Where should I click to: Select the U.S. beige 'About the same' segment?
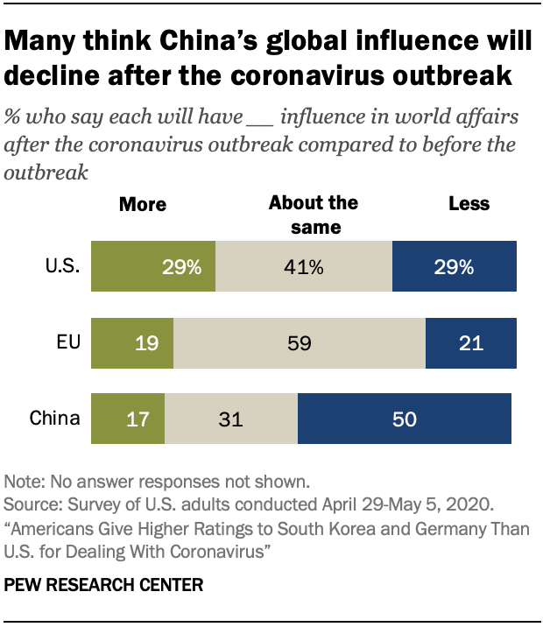point(303,267)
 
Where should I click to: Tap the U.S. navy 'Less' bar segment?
point(454,267)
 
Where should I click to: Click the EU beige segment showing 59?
point(299,342)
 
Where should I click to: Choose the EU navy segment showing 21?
point(470,342)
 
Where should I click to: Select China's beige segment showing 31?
point(230,418)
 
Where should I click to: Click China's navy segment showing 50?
point(404,418)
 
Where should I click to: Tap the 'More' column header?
point(142,205)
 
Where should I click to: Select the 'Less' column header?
point(469,204)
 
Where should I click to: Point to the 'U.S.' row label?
point(63,267)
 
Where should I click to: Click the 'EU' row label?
point(69,342)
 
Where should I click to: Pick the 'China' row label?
point(54,418)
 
